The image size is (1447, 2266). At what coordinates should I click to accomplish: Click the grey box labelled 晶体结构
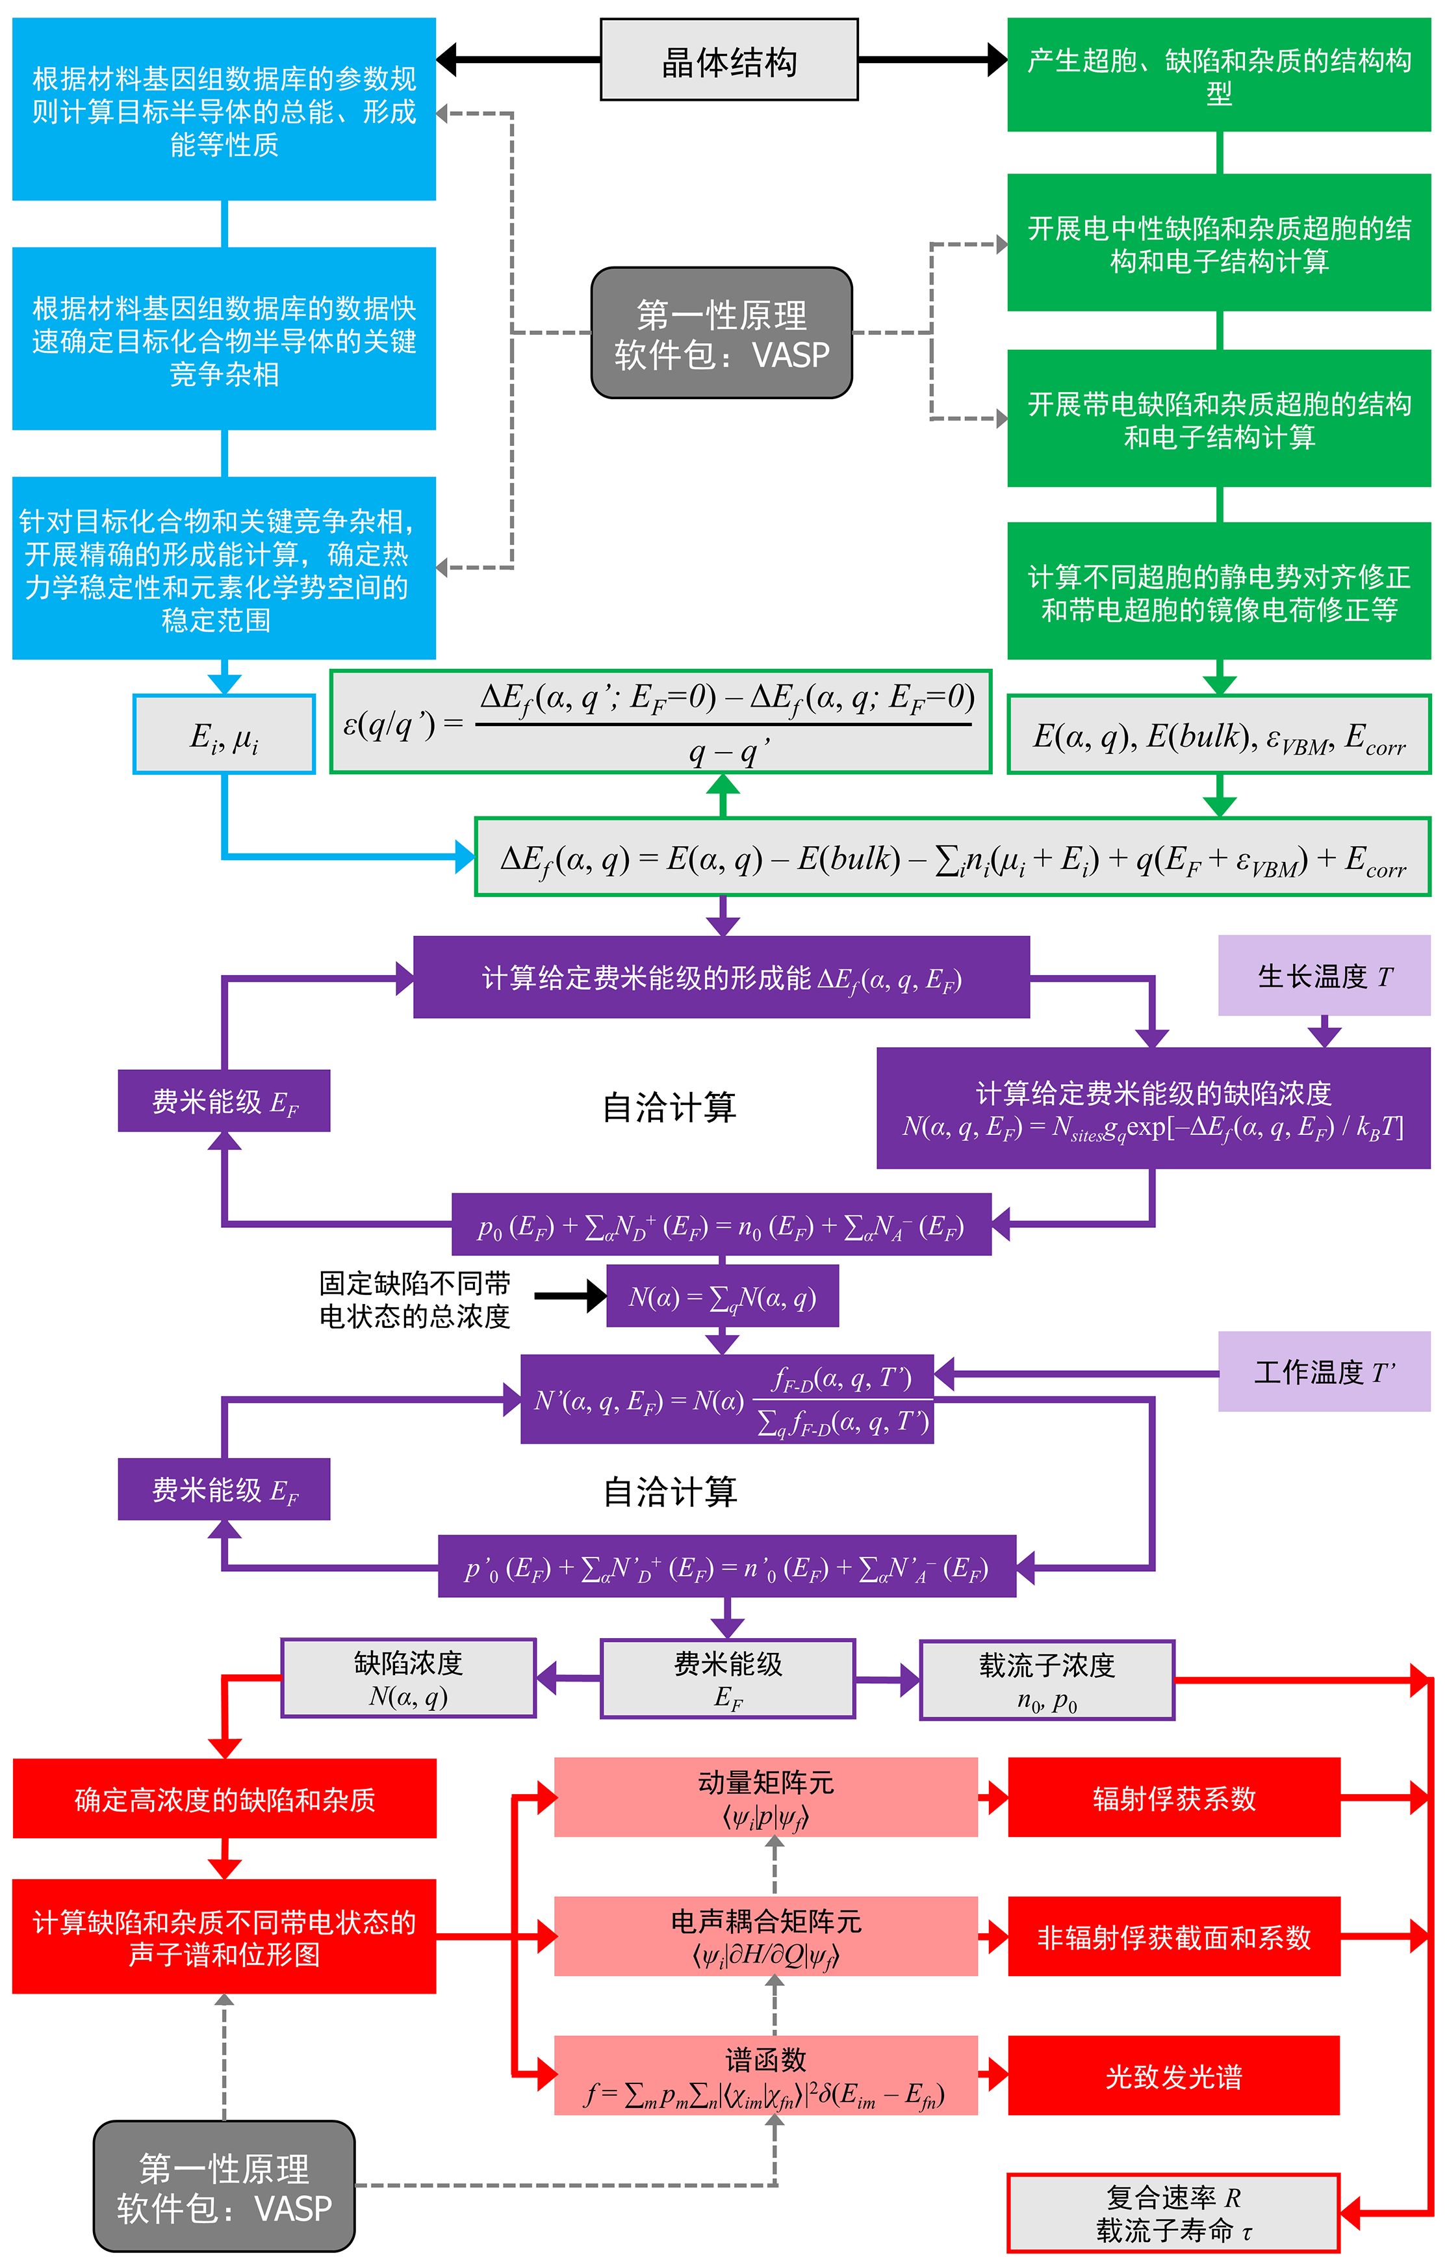pos(728,60)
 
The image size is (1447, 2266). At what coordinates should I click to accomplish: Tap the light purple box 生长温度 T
pos(1323,976)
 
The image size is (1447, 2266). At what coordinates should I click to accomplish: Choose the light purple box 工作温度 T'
pos(1323,1371)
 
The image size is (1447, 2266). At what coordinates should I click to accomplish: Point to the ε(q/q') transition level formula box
pos(660,722)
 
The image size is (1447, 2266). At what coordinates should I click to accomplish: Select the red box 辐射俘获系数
pos(1173,1797)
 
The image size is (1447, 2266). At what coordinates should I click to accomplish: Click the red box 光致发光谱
pos(1173,2075)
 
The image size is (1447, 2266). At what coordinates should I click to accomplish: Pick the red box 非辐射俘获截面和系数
pos(1173,1936)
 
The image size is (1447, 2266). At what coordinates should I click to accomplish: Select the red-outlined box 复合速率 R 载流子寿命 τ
pos(1173,2212)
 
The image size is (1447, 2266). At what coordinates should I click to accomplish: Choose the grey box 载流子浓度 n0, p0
pos(1046,1680)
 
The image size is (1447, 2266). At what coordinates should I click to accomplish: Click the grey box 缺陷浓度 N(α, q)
pos(408,1678)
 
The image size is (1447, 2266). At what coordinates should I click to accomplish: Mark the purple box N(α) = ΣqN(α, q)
pos(722,1297)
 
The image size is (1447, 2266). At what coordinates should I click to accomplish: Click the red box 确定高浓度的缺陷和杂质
pos(224,1799)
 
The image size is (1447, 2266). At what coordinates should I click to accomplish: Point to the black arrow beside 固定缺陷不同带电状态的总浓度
pos(570,1296)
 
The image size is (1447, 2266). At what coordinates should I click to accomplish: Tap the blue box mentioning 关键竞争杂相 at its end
pos(224,339)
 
